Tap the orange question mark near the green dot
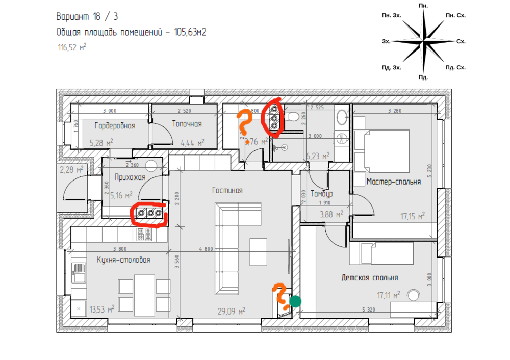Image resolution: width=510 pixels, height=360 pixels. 279,295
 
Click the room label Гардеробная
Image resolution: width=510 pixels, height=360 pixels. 115,125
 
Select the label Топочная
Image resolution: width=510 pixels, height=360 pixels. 187,124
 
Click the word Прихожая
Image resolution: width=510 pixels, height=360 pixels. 130,177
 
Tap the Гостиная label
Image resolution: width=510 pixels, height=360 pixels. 227,190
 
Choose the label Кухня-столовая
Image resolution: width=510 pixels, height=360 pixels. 123,260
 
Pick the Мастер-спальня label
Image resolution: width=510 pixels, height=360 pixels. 393,182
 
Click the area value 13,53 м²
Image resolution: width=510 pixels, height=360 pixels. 101,308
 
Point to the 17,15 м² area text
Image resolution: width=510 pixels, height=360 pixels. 413,216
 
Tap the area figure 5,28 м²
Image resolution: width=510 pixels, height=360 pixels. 101,143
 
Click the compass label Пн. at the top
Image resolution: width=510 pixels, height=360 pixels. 423,5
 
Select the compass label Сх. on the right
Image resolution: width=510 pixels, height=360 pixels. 461,41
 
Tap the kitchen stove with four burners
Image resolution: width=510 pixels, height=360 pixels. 144,235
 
